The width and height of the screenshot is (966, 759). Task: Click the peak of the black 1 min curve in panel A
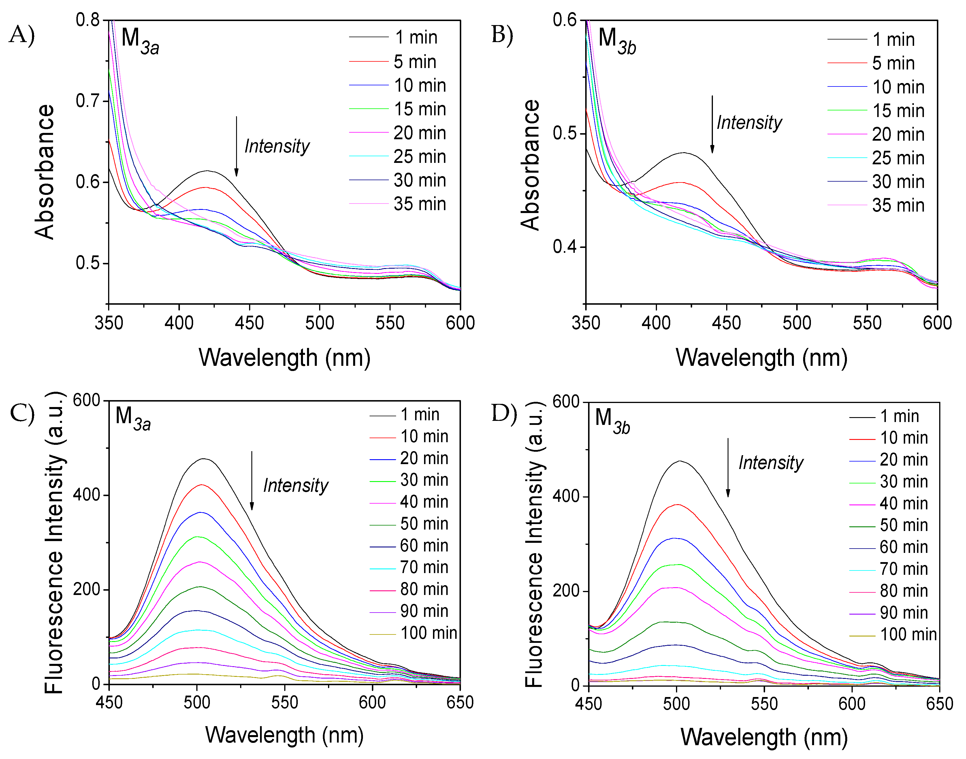(207, 171)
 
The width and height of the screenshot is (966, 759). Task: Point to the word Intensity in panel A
(277, 146)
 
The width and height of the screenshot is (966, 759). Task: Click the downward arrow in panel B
(712, 125)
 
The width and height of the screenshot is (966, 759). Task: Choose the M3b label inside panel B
(617, 41)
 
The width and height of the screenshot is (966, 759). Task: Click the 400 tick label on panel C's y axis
(87, 495)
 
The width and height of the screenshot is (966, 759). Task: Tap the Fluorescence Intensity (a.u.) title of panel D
(534, 544)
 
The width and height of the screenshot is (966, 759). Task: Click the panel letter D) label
(504, 413)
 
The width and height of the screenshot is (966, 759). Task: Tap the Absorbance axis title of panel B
(530, 165)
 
